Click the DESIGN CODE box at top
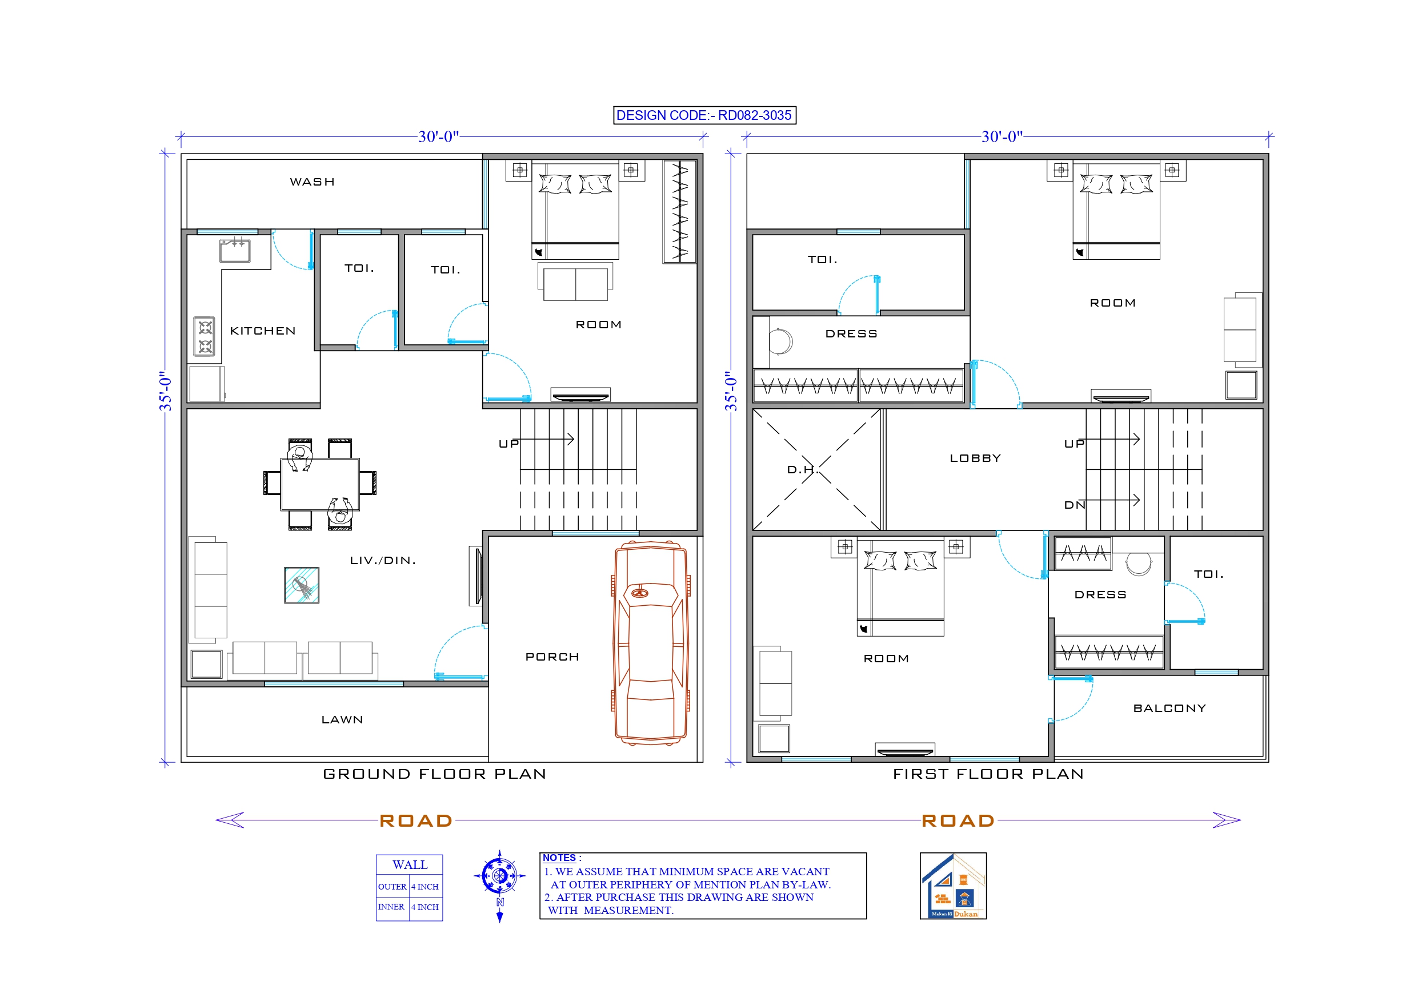704,115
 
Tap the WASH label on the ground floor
312,182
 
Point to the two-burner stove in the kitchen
205,336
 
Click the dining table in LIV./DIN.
320,484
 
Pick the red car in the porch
651,642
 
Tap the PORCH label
551,657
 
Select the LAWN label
342,720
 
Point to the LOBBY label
975,458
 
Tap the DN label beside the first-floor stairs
1074,505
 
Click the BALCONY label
1169,708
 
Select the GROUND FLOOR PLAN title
434,774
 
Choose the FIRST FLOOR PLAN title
988,774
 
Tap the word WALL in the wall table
410,864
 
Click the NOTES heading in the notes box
559,858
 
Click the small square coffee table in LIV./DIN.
302,585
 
